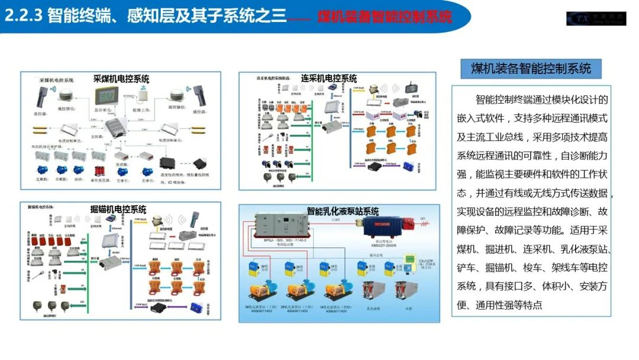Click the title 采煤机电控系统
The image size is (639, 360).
(121, 79)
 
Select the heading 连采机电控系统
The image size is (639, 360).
(329, 78)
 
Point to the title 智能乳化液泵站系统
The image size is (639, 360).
(343, 211)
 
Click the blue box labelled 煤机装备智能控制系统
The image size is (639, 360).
(531, 69)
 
